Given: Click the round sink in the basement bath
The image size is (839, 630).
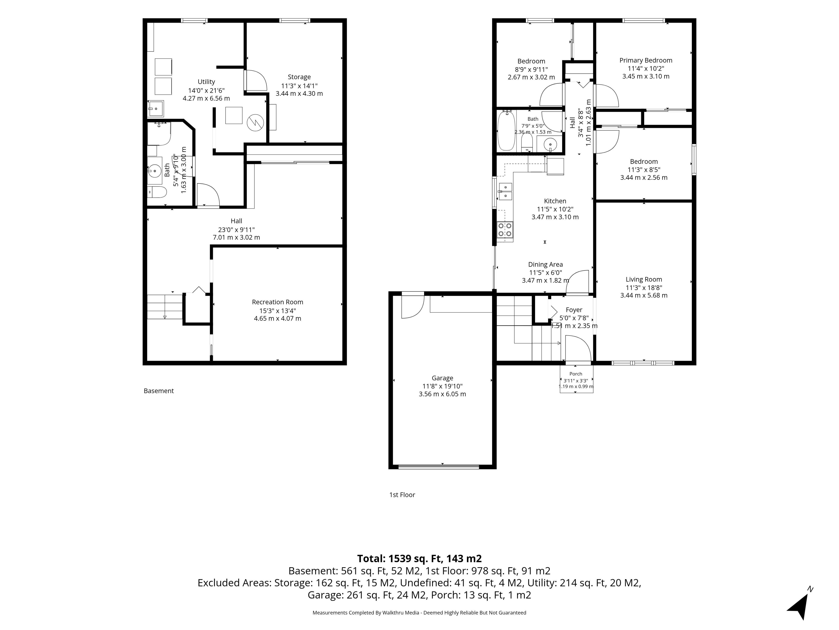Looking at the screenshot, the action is (x=155, y=171).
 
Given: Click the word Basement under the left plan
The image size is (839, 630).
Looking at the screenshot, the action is (x=159, y=391).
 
